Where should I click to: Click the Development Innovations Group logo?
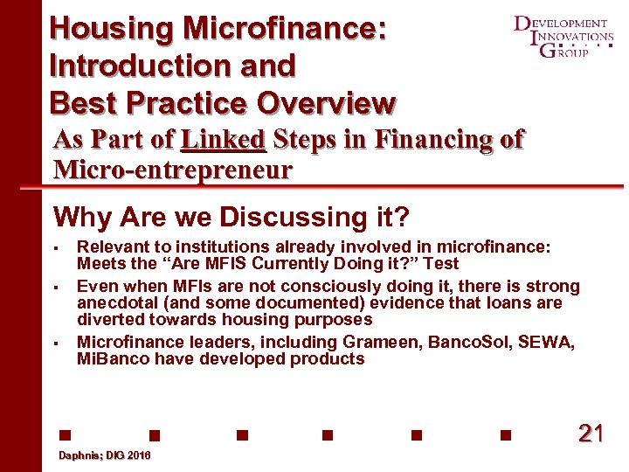coord(563,36)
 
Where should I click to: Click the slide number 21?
coord(591,433)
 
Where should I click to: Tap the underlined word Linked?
coord(223,140)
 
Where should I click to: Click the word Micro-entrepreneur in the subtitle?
coord(173,169)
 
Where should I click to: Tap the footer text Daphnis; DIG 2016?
coord(104,456)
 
